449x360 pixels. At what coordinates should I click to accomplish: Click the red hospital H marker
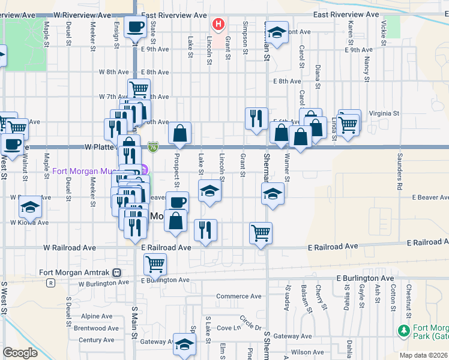218,25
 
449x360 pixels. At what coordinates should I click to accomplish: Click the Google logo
20,353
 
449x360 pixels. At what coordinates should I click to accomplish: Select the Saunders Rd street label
399,172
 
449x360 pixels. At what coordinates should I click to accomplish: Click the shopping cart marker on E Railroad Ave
261,233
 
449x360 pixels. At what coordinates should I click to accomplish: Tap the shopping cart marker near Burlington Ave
155,263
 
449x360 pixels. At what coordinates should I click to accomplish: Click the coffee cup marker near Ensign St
137,28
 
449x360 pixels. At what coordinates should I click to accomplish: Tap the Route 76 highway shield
154,146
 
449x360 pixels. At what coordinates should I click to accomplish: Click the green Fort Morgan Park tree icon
404,330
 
